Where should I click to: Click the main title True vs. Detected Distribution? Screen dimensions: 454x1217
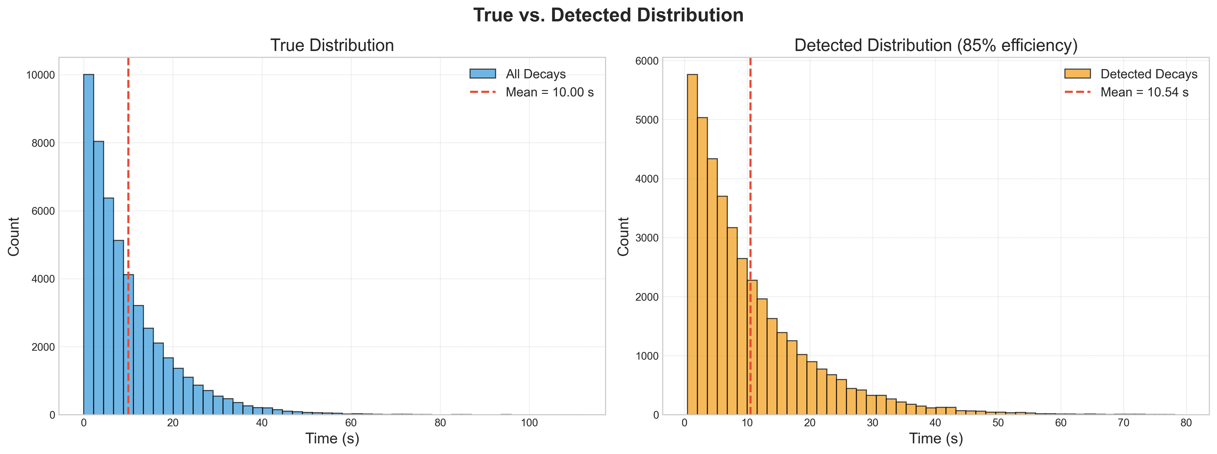point(608,15)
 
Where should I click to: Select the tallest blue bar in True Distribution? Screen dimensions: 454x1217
point(88,246)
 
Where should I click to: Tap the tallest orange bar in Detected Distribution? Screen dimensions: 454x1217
point(692,246)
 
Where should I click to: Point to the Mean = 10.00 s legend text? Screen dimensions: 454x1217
point(550,92)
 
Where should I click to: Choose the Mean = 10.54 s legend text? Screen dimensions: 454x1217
point(1144,92)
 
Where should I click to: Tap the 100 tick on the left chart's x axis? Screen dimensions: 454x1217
point(529,423)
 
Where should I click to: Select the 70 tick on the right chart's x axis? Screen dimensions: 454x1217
point(1124,423)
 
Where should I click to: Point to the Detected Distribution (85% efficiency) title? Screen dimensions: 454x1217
point(936,45)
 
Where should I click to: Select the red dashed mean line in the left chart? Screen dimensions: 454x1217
point(128,189)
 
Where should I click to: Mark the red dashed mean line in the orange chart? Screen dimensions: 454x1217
point(750,189)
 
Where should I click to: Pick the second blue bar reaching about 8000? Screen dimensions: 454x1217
point(98,279)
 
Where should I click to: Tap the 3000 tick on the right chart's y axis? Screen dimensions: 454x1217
point(647,238)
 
